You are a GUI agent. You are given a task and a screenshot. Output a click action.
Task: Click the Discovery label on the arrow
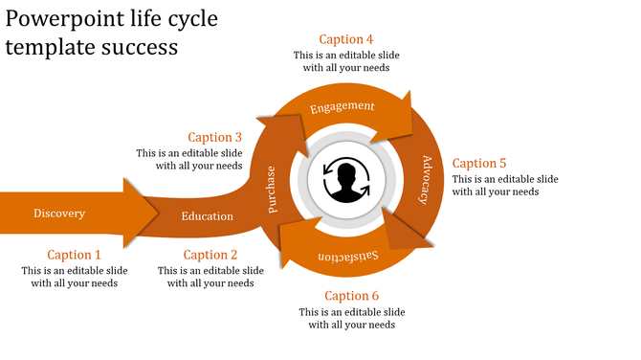point(59,214)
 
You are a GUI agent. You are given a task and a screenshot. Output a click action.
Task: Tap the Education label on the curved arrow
point(208,216)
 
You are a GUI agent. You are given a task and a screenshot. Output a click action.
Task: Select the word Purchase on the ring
point(272,188)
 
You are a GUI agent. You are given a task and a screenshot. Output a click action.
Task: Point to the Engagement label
point(342,106)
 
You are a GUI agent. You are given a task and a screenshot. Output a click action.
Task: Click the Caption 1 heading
point(75,255)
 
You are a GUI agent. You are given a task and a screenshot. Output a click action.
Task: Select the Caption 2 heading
point(210,255)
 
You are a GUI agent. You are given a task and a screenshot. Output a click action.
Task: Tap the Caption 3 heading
point(215,137)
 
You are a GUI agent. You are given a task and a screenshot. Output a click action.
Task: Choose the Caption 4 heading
point(346,39)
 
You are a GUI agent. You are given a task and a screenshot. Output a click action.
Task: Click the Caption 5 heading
point(479,163)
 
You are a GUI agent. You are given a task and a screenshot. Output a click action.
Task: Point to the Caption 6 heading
point(352,296)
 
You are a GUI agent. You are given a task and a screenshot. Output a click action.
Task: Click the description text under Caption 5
point(505,186)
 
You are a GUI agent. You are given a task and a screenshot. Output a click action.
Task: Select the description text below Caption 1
point(75,277)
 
